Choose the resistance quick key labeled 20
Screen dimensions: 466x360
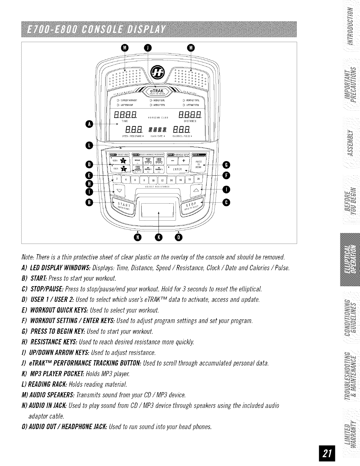pyautogui.click(x=199, y=179)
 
